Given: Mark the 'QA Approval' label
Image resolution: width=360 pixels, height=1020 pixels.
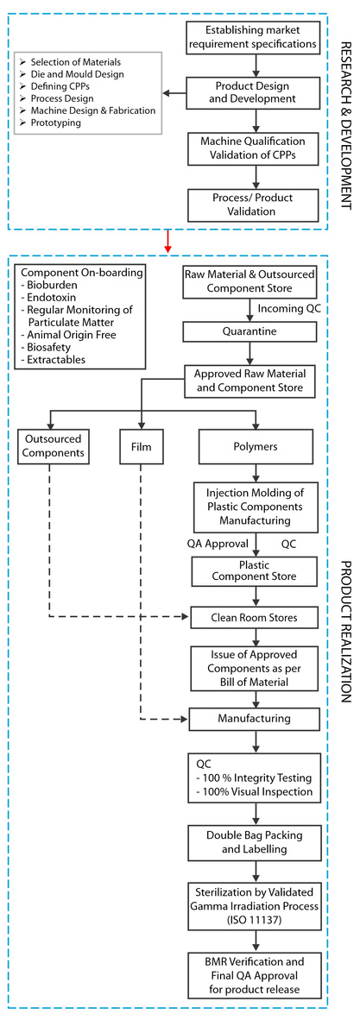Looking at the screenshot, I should point(218,544).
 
